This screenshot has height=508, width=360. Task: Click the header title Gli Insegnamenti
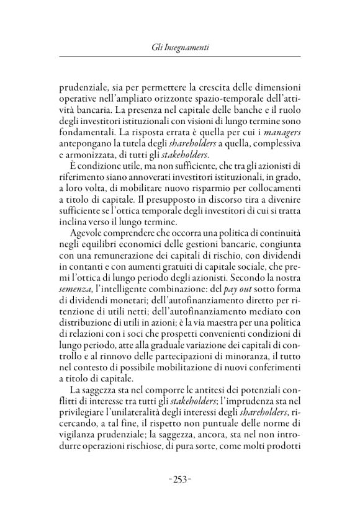click(x=179, y=48)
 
